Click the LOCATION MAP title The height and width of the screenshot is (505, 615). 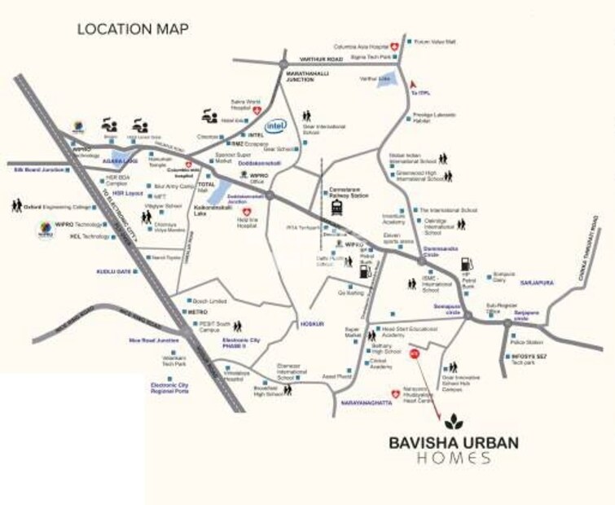tap(133, 29)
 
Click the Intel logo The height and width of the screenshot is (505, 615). tap(277, 126)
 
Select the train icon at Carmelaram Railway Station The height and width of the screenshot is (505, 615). tap(336, 210)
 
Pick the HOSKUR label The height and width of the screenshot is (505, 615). tap(311, 323)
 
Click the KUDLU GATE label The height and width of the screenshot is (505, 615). tap(113, 270)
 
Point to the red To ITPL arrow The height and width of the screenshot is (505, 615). tap(414, 82)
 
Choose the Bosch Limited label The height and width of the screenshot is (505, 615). tap(209, 301)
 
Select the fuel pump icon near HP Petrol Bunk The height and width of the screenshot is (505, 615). tap(466, 263)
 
